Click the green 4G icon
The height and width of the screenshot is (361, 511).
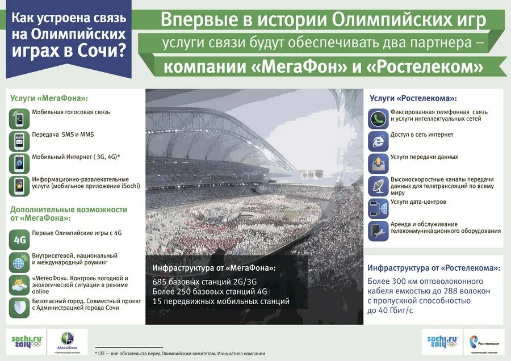tap(19, 240)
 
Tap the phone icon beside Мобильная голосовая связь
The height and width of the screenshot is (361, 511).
tap(19, 119)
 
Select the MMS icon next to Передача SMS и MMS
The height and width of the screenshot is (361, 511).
tap(19, 141)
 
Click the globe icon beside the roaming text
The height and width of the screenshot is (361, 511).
tap(19, 263)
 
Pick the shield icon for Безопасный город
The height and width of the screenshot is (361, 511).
tap(19, 307)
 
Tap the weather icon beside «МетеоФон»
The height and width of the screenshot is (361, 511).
tap(19, 285)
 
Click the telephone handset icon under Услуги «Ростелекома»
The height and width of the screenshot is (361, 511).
tap(378, 119)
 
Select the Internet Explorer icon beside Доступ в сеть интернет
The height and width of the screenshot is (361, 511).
tap(378, 141)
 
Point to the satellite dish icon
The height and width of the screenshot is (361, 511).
tap(378, 186)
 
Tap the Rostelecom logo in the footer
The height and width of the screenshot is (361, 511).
tap(484, 342)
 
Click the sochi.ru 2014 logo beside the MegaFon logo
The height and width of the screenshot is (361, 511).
tap(27, 342)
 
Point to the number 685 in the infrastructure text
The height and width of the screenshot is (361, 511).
tap(161, 282)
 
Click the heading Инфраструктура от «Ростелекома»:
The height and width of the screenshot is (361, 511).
tap(434, 267)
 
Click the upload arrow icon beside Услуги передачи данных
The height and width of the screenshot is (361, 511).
tap(378, 163)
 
